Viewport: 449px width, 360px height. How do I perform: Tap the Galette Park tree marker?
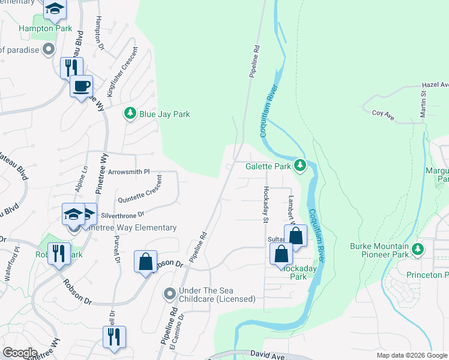[300, 166]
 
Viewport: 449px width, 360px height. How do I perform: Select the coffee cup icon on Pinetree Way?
[81, 86]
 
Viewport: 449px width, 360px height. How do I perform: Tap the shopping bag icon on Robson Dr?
[145, 262]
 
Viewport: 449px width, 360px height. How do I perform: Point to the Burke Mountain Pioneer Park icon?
[419, 249]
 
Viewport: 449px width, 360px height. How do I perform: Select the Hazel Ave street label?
[435, 85]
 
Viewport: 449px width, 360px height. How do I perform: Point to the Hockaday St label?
[265, 202]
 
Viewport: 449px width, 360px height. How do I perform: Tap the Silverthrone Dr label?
[123, 214]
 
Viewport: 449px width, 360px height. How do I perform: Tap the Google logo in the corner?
[20, 353]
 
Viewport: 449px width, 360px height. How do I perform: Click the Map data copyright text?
[412, 356]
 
